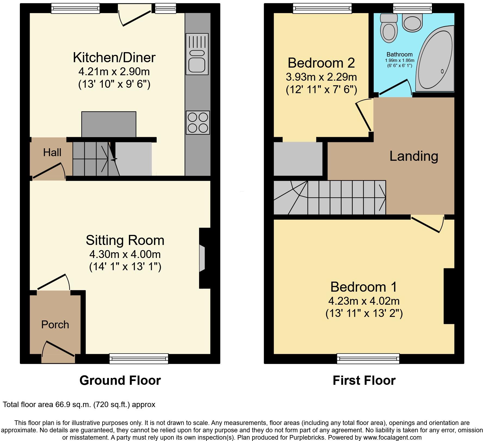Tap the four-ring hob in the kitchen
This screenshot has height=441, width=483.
pyautogui.click(x=198, y=122)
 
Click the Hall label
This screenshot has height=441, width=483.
pyautogui.click(x=52, y=153)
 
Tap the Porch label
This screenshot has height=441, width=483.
pyautogui.click(x=55, y=325)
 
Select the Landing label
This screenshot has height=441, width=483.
pyautogui.click(x=413, y=156)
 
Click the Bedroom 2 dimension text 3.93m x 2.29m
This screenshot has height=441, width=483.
pyautogui.click(x=321, y=77)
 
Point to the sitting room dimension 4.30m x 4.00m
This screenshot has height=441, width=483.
pyautogui.click(x=125, y=254)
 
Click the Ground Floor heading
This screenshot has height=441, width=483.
pyautogui.click(x=120, y=380)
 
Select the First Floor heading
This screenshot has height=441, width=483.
pyautogui.click(x=364, y=380)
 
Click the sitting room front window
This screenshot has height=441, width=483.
pyautogui.click(x=139, y=358)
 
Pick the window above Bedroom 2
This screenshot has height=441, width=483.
pyautogui.click(x=322, y=8)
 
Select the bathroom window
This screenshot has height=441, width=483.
pyautogui.click(x=412, y=8)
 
